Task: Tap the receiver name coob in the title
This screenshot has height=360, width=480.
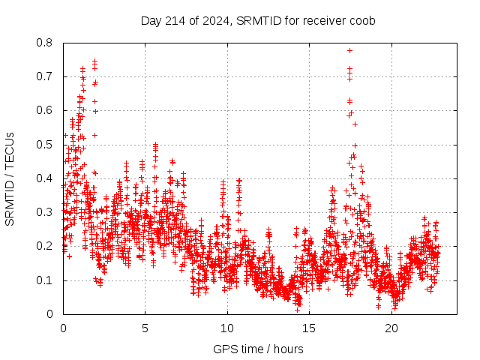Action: point(362,20)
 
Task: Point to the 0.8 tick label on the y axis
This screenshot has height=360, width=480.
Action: point(46,43)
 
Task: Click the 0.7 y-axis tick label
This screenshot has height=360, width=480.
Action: point(46,76)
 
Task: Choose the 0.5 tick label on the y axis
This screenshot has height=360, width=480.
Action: point(46,145)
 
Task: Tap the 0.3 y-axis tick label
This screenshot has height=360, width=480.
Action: point(46,212)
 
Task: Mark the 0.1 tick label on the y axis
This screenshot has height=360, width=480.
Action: point(46,280)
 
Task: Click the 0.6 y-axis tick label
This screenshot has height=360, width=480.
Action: point(46,110)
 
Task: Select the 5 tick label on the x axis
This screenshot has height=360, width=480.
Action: point(145,328)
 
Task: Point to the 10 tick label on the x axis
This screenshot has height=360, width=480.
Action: point(227,328)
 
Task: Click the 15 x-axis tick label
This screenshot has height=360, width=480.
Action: point(310,328)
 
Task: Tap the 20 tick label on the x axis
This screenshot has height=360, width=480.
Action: point(391,328)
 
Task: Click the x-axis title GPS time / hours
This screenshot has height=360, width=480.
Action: point(258,349)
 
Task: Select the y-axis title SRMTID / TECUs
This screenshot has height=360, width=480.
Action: point(10,178)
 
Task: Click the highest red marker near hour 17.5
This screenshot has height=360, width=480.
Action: point(349,51)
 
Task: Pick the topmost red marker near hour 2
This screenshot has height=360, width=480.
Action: point(94,61)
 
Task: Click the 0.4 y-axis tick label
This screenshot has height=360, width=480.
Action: point(46,178)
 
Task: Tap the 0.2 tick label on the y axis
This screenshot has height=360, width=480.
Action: point(46,246)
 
